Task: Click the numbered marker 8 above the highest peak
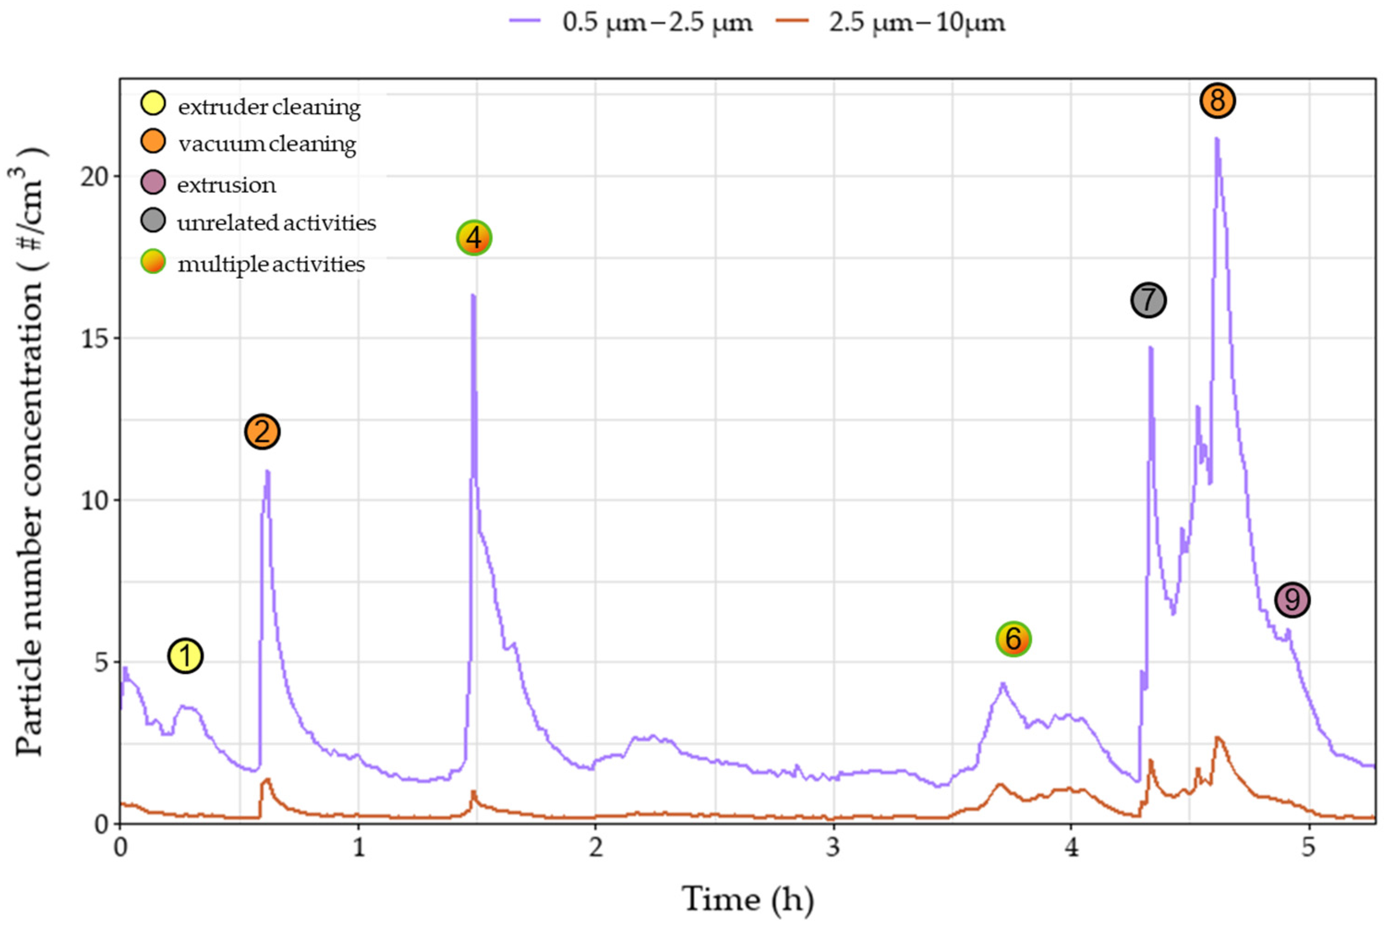click(x=1217, y=101)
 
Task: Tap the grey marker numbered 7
click(x=1148, y=301)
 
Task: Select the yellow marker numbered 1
click(x=186, y=656)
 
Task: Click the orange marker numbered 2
click(x=262, y=432)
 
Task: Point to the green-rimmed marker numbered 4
click(x=474, y=238)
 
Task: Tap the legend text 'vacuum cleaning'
click(x=267, y=144)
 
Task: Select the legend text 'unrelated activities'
click(x=277, y=223)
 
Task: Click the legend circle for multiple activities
click(x=153, y=261)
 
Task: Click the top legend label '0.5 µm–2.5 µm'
click(x=657, y=23)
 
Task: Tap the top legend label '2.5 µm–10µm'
click(x=917, y=23)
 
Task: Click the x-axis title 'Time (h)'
click(x=748, y=899)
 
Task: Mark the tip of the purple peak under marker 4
click(x=473, y=295)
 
